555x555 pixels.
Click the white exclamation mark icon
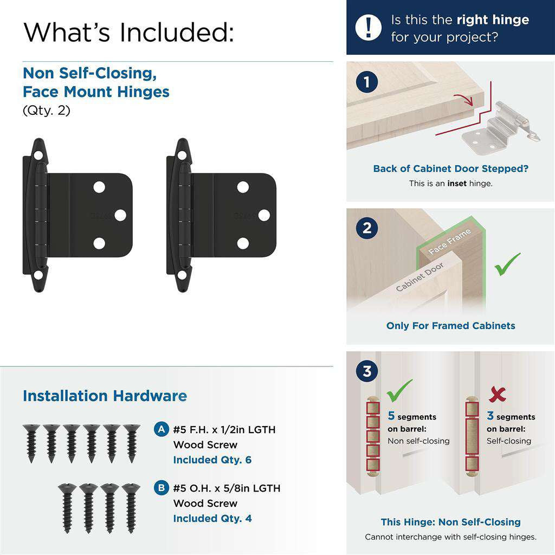click(x=369, y=28)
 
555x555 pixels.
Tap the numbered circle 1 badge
click(x=367, y=83)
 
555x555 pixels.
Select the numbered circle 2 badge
click(x=367, y=228)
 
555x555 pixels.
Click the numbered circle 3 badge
click(x=367, y=372)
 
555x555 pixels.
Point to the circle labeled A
click(x=160, y=429)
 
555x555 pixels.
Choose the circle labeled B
click(x=160, y=488)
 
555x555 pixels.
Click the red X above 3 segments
click(x=497, y=395)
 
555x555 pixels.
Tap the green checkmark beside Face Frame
click(x=507, y=264)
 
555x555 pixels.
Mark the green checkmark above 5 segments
click(x=399, y=390)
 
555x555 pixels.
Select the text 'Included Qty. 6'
click(x=212, y=460)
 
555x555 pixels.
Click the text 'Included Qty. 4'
click(x=212, y=518)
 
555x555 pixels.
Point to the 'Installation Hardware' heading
click(x=105, y=396)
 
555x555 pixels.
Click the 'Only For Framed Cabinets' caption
click(x=450, y=326)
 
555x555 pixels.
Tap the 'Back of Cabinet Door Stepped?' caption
click(x=450, y=169)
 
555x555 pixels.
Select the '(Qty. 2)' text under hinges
click(x=47, y=110)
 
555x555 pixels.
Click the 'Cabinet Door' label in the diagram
click(x=420, y=277)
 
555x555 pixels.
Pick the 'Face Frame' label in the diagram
click(x=450, y=242)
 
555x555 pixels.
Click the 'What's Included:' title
click(x=128, y=32)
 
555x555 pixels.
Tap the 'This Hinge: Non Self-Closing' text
click(x=450, y=522)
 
